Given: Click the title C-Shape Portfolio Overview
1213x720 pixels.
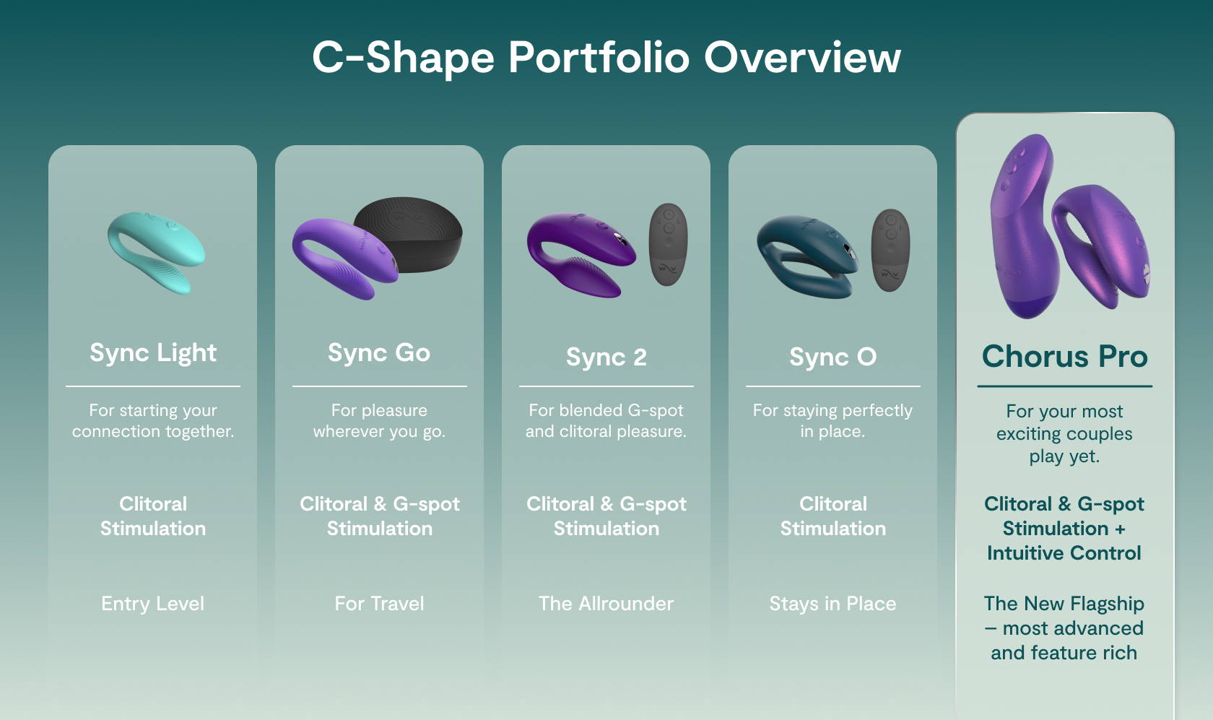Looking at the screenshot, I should pos(606,57).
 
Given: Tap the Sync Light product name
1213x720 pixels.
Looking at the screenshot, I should pos(152,352).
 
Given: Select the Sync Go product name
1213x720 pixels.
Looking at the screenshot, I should pos(379,352).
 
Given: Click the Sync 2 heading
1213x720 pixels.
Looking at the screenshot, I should pos(606,357).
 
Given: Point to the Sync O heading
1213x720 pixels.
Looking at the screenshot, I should pos(832,357).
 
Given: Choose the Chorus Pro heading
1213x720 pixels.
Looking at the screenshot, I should pos(1064,356).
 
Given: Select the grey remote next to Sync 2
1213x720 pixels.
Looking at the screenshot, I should pos(668,243).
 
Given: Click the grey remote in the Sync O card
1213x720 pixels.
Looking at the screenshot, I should pos(890,249).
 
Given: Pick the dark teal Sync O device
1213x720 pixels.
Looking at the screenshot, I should pos(805,256).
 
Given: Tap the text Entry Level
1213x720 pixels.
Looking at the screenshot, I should pos(152,604).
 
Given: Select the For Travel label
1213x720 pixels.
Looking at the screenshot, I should pos(379,604).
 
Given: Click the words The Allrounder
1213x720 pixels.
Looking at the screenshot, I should pos(606,604).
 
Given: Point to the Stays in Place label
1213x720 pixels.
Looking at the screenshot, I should pos(832,604).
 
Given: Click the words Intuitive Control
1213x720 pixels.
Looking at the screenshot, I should pos(1064,553).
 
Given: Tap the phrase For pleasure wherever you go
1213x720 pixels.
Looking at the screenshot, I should pos(379,421).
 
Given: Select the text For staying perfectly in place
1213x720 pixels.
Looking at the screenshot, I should pos(832,421).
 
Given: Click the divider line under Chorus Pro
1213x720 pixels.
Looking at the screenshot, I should pos(1064,386).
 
